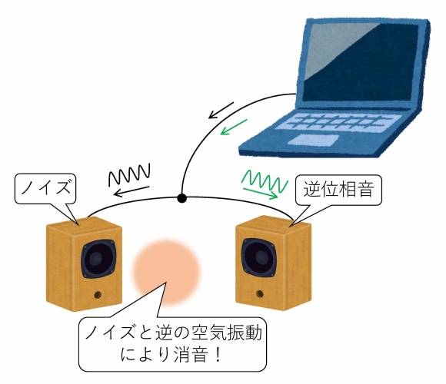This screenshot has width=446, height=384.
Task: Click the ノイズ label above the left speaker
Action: pos(46,187)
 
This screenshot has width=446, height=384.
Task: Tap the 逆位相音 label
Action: pos(338,189)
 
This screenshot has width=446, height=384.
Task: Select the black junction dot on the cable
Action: pos(181,198)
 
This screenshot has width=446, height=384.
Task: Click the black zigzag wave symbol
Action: pos(129,174)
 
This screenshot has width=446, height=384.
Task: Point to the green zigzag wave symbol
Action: pos(265,180)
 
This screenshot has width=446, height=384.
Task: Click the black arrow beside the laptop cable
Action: pos(221,110)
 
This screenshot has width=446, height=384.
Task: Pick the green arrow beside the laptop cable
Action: pos(234,127)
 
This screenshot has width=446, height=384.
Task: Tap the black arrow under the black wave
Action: pos(131,191)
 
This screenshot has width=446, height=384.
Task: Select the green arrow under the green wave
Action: pos(260,193)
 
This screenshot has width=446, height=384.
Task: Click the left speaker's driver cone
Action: pos(98,259)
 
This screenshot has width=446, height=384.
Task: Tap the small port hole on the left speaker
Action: pos(98,295)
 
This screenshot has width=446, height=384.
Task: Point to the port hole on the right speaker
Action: pos(259,293)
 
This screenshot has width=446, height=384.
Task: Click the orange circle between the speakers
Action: pos(166,273)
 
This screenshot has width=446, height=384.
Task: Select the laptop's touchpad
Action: pos(313,140)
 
